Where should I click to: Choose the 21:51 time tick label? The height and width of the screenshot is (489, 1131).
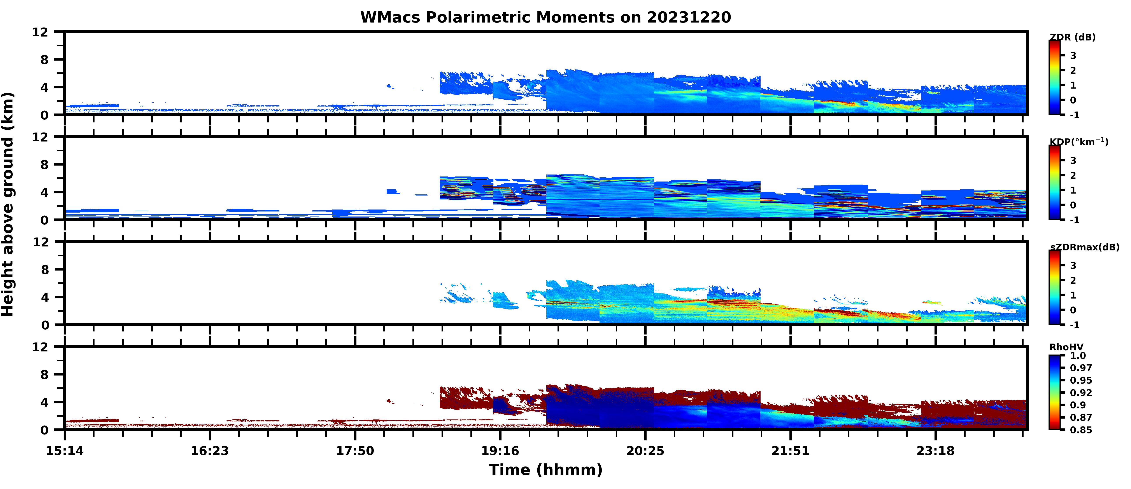pyautogui.click(x=790, y=451)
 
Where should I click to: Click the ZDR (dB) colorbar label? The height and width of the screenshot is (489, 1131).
pyautogui.click(x=1072, y=37)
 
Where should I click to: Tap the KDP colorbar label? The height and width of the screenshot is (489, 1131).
pyautogui.click(x=1078, y=142)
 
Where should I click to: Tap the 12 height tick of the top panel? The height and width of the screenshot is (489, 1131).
pyautogui.click(x=40, y=32)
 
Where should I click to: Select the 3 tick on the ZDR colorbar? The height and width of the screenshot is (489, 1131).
pyautogui.click(x=1073, y=56)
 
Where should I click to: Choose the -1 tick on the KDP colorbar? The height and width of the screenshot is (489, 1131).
pyautogui.click(x=1074, y=220)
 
